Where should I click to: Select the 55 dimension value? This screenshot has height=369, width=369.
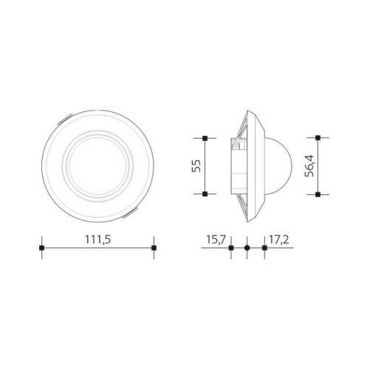coord(196,166)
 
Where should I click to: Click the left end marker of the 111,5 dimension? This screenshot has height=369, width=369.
coord(42,247)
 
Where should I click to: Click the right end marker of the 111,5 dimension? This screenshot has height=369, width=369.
coord(153,247)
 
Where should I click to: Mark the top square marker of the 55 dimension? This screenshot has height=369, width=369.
coord(204,138)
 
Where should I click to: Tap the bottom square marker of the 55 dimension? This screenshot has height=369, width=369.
coord(204,193)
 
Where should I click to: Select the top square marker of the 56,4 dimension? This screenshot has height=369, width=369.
coord(317,138)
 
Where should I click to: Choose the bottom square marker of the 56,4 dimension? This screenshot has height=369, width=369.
coord(317,194)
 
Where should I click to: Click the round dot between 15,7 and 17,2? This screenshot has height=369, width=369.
coord(247,248)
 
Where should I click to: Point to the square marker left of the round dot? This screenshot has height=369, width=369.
coord(231,248)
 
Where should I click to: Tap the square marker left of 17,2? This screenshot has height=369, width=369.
coord(264,248)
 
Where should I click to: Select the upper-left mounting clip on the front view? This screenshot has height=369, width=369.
coord(65,117)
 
